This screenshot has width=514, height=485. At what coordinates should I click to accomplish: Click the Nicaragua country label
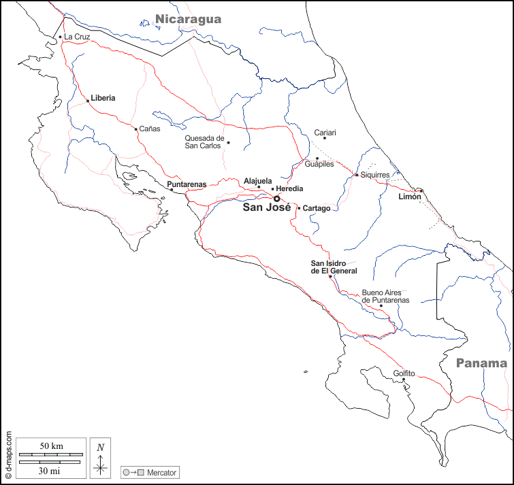coord(188,19)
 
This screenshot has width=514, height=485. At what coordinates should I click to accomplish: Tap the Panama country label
coord(481,363)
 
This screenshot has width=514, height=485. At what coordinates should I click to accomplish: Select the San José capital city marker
coord(276,199)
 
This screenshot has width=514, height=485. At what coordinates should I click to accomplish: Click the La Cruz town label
coord(77,37)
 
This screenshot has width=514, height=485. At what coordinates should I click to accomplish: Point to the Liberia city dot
coord(87,101)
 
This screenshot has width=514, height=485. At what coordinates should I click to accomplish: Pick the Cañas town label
coord(150,129)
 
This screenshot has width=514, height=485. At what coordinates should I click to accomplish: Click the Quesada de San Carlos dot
coord(228,142)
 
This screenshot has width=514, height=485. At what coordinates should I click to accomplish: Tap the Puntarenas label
coord(187,184)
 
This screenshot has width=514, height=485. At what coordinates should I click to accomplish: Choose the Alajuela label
coord(258,181)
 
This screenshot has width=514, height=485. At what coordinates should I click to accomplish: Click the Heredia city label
coord(289,188)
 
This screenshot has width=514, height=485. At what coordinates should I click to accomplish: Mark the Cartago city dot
coord(299,207)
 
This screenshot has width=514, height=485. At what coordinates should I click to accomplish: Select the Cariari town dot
coord(325,138)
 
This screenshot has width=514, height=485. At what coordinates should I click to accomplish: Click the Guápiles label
coord(319,165)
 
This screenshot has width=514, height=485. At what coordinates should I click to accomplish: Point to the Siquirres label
coord(375,175)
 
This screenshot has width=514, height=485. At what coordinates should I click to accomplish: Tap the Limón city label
coord(410,197)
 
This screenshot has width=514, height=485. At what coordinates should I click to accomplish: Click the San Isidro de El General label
coord(334,267)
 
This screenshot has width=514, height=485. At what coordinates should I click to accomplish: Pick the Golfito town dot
coord(403,380)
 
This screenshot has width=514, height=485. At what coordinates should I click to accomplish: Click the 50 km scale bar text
coord(51,446)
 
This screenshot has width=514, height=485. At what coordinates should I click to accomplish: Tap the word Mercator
coord(162,472)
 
